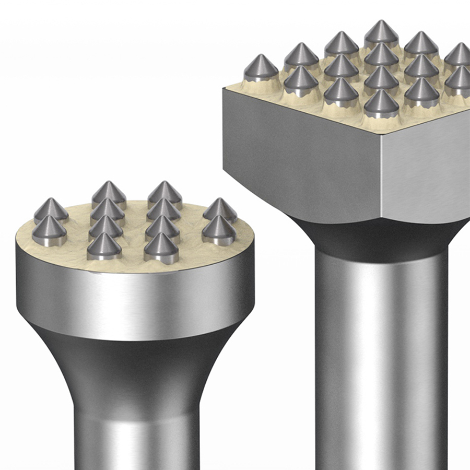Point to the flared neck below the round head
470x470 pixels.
136,366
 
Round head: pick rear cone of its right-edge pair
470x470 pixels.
220,209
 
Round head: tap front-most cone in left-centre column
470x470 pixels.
104,246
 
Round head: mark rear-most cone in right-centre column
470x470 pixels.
164,194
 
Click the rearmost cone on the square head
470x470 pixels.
381,34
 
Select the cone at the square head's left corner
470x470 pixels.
261,68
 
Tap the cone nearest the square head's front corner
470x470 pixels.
381,104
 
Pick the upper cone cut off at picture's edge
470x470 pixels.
460,55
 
